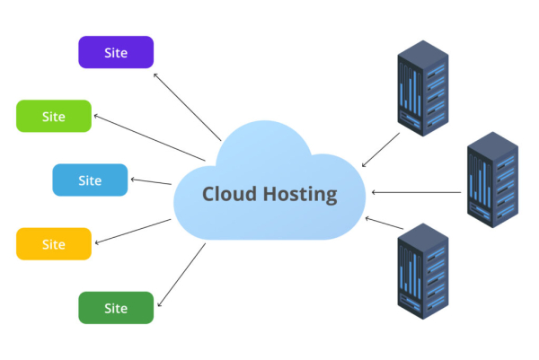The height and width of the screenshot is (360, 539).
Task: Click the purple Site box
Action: click(x=116, y=52)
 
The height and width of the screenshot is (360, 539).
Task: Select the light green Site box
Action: click(x=54, y=116)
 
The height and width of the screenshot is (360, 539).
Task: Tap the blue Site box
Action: click(x=90, y=180)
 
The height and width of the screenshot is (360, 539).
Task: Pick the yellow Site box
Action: click(x=54, y=243)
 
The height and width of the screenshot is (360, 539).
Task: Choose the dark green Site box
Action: click(x=116, y=307)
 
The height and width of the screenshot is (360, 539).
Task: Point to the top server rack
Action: click(x=421, y=92)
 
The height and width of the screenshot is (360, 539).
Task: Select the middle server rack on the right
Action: click(x=493, y=180)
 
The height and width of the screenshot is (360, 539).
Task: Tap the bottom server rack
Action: click(x=421, y=267)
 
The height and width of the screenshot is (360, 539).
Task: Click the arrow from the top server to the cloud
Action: click(x=381, y=150)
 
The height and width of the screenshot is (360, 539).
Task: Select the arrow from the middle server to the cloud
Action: click(x=418, y=192)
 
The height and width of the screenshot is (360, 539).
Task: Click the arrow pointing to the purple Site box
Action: click(x=187, y=106)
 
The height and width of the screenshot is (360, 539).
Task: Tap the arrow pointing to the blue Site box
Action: click(x=151, y=182)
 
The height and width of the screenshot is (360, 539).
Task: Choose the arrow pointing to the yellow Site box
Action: click(x=133, y=231)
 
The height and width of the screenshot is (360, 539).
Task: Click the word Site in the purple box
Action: click(x=116, y=52)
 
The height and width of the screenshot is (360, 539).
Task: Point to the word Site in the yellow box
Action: click(x=54, y=243)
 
